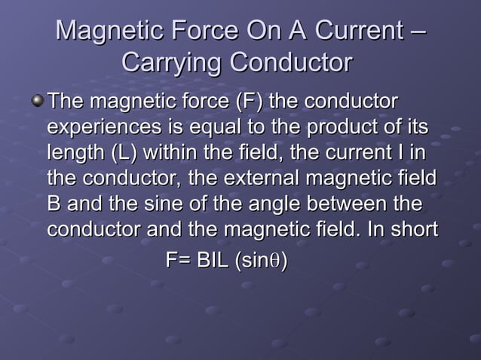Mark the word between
(357, 204)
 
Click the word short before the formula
(412, 229)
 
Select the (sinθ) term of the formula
(262, 261)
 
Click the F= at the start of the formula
(178, 261)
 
